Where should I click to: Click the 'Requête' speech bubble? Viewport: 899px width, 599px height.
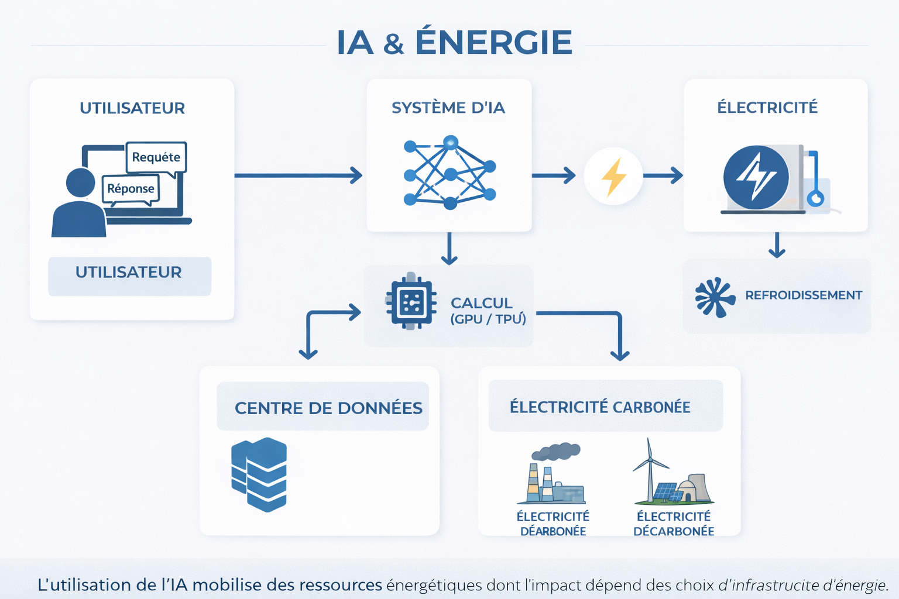tap(156, 157)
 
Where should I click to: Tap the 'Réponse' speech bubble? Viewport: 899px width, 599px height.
tap(131, 189)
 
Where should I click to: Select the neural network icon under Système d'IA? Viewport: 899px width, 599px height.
tap(449, 173)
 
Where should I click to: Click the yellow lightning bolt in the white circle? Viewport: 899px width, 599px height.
tap(613, 176)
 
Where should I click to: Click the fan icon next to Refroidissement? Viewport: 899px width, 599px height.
tap(714, 297)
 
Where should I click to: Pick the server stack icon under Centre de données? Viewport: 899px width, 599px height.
tap(259, 473)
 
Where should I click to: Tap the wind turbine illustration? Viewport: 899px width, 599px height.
tap(649, 468)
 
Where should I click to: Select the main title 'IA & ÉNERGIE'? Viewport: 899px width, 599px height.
tap(454, 43)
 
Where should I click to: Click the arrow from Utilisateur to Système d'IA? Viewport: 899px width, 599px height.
tap(298, 175)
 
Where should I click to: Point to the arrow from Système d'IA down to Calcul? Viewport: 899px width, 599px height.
tap(449, 249)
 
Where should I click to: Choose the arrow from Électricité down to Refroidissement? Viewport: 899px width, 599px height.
tap(777, 245)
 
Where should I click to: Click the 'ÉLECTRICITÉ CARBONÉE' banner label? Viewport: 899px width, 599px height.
tap(600, 407)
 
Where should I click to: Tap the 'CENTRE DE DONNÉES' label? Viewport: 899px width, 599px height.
tap(328, 408)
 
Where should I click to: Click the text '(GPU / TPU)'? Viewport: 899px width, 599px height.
tap(488, 319)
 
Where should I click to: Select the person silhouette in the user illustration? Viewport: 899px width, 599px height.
tap(80, 205)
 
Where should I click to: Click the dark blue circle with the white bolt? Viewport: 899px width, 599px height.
tap(756, 177)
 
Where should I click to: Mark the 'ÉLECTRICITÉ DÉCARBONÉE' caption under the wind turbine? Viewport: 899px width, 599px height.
tap(674, 524)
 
